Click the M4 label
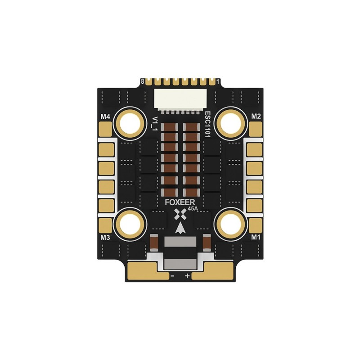point(105,117)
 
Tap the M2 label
point(256,117)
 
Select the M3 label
point(105,237)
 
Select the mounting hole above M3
point(131,222)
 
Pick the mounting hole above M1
point(230,222)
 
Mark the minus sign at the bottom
point(172,275)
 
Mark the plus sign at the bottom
point(188,275)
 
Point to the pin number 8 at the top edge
point(143,81)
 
